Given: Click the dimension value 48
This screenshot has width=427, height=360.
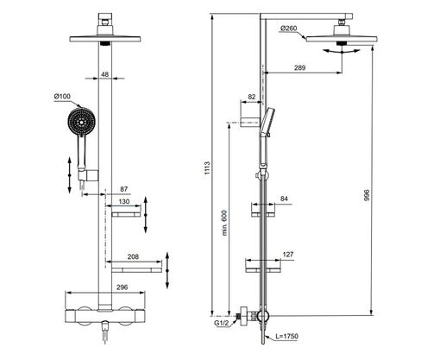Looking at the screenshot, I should [x=104, y=75].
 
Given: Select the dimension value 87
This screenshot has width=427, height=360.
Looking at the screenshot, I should [x=124, y=189].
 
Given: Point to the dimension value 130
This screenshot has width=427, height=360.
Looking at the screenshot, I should [x=124, y=203].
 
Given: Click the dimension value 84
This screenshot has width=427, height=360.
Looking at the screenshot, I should [x=283, y=199].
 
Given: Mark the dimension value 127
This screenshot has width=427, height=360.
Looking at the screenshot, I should [x=290, y=256].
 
